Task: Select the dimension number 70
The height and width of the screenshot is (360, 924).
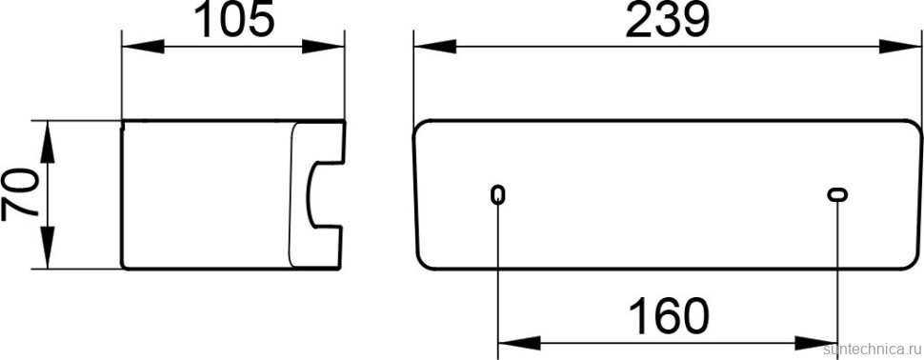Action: click(21, 195)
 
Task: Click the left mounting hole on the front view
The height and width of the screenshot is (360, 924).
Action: click(498, 195)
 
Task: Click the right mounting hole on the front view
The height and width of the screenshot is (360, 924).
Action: click(837, 195)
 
